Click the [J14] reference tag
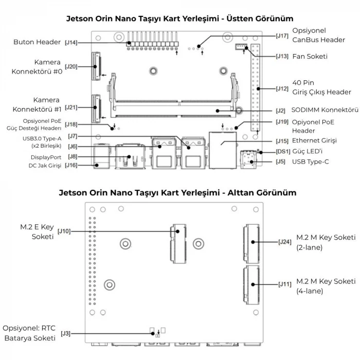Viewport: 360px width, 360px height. [x=71, y=43]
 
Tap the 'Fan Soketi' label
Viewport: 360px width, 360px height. [x=310, y=57]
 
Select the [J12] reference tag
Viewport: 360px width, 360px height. [x=282, y=88]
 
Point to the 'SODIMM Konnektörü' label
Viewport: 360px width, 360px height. [x=324, y=110]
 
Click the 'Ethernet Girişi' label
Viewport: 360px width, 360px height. [x=314, y=141]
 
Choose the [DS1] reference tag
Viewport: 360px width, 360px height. [x=283, y=151]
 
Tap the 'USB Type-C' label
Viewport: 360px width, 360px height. [x=311, y=162]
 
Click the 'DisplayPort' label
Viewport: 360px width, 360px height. [x=46, y=157]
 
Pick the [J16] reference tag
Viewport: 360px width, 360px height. [x=71, y=166]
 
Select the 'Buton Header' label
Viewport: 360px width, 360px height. [x=38, y=43]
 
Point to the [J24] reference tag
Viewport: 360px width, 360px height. [x=284, y=242]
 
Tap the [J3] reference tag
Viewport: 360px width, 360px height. [x=65, y=334]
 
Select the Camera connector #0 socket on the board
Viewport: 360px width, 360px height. [x=96, y=67]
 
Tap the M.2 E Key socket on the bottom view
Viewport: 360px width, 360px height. [x=178, y=242]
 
